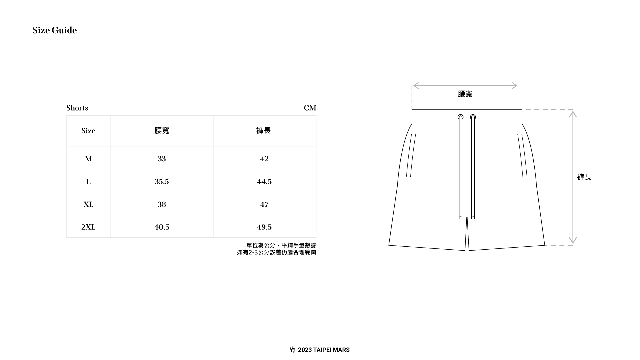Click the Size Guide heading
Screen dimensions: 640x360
(55, 30)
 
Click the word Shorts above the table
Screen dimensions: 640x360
(77, 108)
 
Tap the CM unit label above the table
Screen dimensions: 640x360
(310, 108)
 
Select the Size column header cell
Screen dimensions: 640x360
(88, 131)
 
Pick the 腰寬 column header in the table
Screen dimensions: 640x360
(162, 131)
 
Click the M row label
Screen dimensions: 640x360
(88, 159)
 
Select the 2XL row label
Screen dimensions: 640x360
(88, 227)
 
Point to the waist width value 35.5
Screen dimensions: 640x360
(162, 182)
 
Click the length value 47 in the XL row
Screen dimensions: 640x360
(264, 204)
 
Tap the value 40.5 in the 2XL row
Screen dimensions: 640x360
(162, 227)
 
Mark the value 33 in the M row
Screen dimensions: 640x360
(162, 159)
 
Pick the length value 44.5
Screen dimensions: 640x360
(264, 182)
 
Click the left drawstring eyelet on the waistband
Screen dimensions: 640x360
(460, 117)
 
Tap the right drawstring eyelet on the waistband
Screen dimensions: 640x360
(473, 117)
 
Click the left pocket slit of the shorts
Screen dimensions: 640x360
(411, 155)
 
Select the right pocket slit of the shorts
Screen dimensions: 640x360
(522, 155)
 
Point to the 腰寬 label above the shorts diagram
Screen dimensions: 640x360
(465, 94)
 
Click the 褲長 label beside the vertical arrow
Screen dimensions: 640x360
(584, 177)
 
